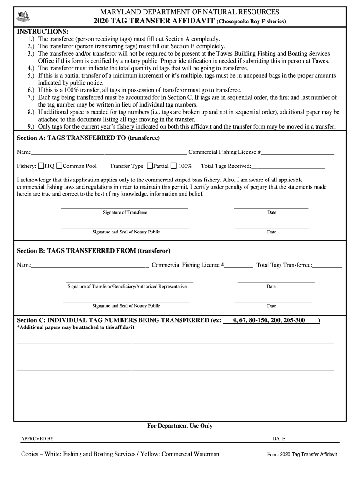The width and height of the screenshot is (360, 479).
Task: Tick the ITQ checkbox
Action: (x=41, y=166)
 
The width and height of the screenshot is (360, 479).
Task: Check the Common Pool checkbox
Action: (x=59, y=166)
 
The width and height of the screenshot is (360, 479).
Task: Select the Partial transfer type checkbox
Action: (x=150, y=166)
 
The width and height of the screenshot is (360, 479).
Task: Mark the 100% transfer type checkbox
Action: (x=173, y=166)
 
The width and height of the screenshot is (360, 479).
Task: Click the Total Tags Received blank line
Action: (x=288, y=167)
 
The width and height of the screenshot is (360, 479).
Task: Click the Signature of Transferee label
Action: (x=125, y=213)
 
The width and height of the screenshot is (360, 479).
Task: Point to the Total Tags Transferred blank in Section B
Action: (x=327, y=266)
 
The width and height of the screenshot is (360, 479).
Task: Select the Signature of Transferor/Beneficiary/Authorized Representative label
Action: (x=127, y=287)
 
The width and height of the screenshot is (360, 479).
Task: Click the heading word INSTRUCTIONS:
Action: (x=43, y=31)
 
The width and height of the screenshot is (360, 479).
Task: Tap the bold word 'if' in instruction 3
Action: (x=58, y=61)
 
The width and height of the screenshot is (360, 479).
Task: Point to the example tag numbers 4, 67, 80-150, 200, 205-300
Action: (x=268, y=320)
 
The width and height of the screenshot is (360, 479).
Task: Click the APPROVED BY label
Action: (x=37, y=439)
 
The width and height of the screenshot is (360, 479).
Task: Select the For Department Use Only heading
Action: (x=180, y=426)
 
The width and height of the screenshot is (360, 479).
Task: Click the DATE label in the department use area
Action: (x=279, y=439)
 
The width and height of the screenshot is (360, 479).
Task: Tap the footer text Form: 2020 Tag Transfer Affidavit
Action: (x=302, y=455)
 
